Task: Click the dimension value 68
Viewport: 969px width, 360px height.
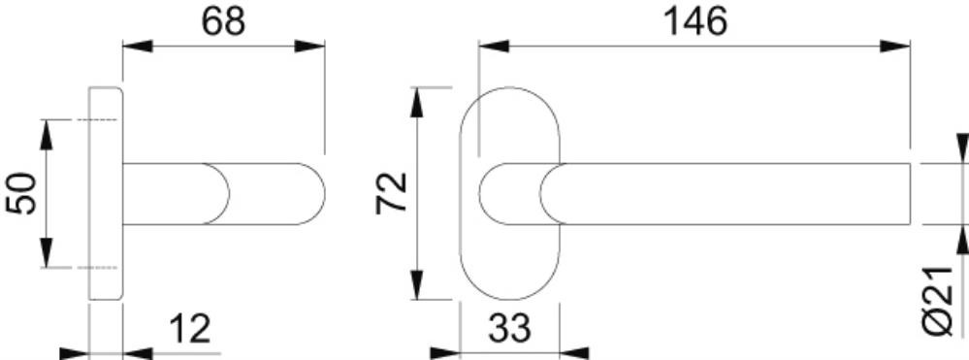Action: point(224,21)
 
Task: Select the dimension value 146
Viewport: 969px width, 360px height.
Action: point(695,21)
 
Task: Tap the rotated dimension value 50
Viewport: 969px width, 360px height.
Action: point(21,194)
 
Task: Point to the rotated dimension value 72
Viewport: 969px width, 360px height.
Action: point(392,193)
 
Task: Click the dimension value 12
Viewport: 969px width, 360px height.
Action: point(190,328)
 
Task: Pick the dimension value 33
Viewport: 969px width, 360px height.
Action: point(510,328)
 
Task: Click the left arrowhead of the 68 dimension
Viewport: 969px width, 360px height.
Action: point(137,46)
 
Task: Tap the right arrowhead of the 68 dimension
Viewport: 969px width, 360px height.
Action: point(309,46)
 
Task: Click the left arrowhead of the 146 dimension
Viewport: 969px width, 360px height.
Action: point(494,46)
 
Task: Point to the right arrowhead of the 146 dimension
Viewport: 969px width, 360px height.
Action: point(895,46)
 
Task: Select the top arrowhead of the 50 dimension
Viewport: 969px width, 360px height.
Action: point(47,134)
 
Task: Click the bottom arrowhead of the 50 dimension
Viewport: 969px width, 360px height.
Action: point(47,253)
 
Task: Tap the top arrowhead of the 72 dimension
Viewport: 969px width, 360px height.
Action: point(417,102)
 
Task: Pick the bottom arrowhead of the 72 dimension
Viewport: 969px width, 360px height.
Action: point(417,284)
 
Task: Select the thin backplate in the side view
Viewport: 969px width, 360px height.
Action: point(106,194)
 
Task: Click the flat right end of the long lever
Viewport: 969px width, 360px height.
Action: point(910,194)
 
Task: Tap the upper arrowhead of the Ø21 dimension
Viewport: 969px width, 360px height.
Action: point(962,148)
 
